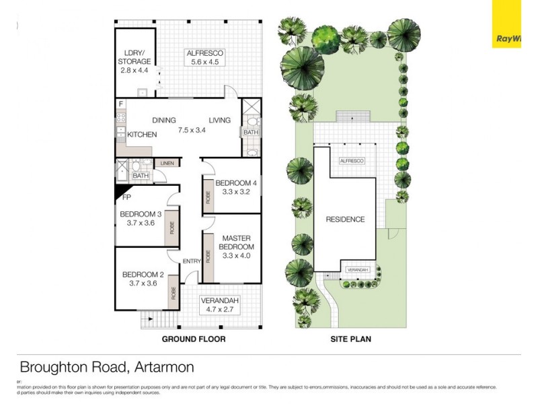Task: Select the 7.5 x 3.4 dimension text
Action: click(x=191, y=130)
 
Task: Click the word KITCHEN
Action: click(x=142, y=135)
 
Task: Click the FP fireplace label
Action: click(x=126, y=199)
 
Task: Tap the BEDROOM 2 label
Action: click(x=143, y=274)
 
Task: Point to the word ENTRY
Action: click(x=192, y=262)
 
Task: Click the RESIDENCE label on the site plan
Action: click(x=345, y=220)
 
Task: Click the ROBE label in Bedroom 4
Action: click(x=208, y=197)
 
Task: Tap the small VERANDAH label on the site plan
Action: click(x=357, y=270)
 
